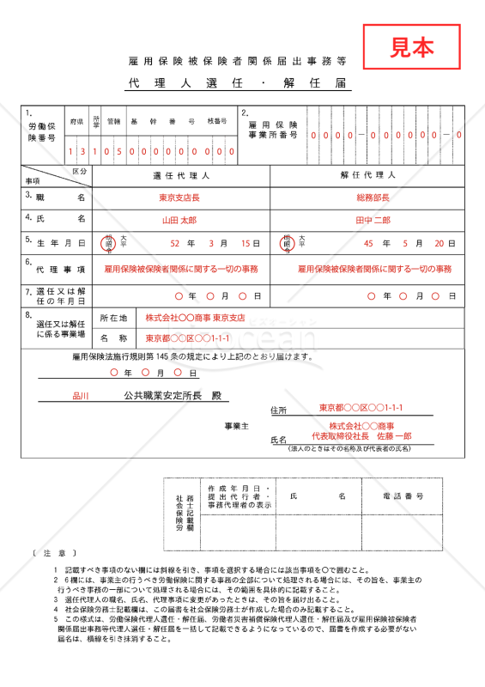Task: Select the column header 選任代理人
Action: click(x=181, y=175)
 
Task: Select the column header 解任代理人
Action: click(x=367, y=175)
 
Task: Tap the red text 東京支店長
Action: click(x=179, y=198)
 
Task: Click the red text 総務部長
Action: click(x=373, y=198)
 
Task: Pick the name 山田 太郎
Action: click(x=179, y=221)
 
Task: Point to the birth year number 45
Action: click(x=369, y=244)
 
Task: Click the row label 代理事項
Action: click(x=57, y=269)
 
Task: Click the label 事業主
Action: click(x=236, y=426)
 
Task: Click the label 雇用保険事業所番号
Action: click(x=274, y=130)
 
